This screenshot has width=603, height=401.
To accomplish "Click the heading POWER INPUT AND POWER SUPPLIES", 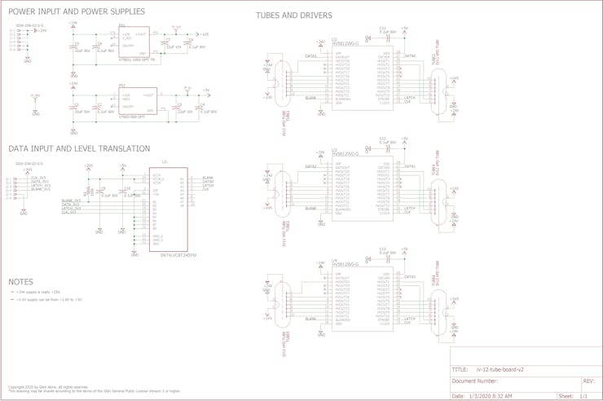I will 77,12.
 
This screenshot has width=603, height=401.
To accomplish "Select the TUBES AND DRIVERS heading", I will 293,15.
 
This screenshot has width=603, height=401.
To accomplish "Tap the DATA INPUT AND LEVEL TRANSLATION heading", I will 79,149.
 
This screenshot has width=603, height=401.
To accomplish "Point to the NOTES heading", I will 20,282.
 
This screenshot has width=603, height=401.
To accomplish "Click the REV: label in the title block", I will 588,381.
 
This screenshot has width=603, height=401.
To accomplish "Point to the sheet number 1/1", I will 583,395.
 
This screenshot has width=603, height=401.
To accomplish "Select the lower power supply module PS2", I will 131,101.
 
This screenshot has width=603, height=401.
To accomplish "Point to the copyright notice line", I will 49,387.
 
